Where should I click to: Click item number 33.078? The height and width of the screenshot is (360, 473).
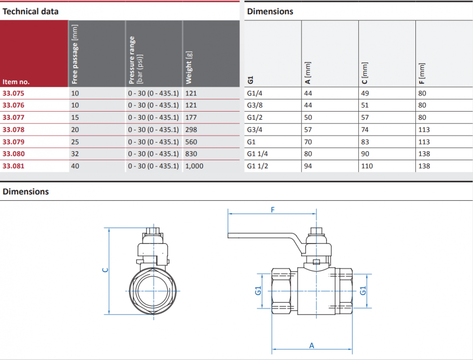click(x=13, y=130)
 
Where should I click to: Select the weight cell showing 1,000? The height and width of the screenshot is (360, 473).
click(x=194, y=166)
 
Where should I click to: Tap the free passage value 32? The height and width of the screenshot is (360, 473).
click(x=75, y=154)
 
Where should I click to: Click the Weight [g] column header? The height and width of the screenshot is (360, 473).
click(x=189, y=67)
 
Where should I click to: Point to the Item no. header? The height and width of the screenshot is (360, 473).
click(x=16, y=82)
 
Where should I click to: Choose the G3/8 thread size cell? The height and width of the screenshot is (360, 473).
click(x=254, y=105)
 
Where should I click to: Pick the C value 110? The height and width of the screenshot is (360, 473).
click(x=367, y=166)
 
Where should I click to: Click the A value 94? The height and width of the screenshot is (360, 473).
click(x=308, y=166)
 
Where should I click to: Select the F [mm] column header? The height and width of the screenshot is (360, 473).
click(x=422, y=73)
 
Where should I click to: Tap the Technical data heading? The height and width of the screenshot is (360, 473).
click(x=31, y=12)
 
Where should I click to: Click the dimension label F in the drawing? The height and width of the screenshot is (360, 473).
click(x=273, y=210)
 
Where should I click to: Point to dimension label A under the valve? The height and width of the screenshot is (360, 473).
click(x=312, y=346)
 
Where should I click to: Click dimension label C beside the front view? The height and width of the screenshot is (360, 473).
click(x=105, y=270)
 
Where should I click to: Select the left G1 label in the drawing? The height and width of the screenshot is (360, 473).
click(x=258, y=291)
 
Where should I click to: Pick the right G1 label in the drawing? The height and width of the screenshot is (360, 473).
click(x=363, y=291)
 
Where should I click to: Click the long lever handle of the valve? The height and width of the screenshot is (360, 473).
click(x=265, y=236)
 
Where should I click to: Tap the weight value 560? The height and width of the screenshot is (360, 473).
click(x=191, y=142)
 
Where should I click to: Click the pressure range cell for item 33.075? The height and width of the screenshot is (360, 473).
click(x=153, y=93)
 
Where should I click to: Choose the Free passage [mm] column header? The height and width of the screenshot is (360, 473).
click(x=75, y=54)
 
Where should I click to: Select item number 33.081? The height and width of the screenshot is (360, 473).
click(x=13, y=166)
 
